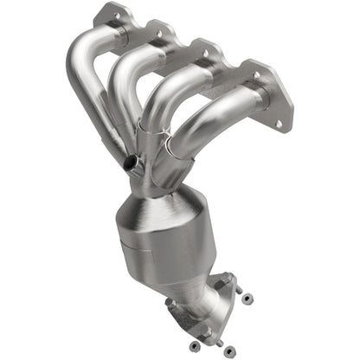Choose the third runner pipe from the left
click(177, 95)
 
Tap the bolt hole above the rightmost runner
click(256, 76)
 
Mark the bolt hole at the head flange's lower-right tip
click(278, 124)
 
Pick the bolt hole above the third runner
click(206, 53)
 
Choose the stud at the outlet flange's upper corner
click(229, 278)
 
